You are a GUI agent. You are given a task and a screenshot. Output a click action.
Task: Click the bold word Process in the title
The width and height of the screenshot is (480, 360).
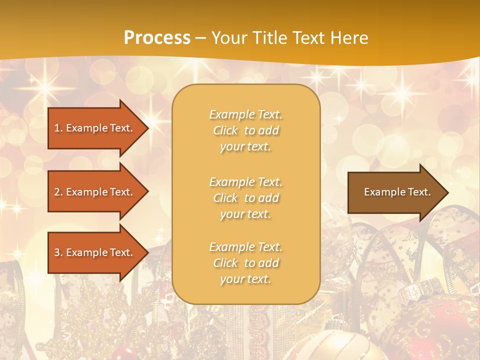(x=157, y=38)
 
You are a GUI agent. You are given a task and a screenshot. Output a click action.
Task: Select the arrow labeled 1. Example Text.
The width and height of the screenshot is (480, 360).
(x=95, y=128)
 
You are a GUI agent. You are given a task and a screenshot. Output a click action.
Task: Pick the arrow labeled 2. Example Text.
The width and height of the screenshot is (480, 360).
(x=95, y=192)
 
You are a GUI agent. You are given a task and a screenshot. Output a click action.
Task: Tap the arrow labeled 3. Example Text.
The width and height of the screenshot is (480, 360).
(x=95, y=252)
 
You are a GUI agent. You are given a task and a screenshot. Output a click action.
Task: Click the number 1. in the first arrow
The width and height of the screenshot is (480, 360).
(x=58, y=128)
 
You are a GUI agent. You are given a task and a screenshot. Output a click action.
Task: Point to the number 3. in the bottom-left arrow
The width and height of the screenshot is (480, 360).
(x=58, y=252)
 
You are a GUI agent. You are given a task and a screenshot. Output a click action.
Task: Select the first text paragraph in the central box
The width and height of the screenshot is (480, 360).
(x=245, y=130)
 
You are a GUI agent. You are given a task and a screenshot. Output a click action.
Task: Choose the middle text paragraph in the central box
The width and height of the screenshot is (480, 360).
(x=245, y=198)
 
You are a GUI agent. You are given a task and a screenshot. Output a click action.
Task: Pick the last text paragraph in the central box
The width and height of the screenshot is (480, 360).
(x=245, y=263)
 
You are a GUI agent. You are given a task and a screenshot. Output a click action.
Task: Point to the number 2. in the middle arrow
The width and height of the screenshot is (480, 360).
(x=58, y=192)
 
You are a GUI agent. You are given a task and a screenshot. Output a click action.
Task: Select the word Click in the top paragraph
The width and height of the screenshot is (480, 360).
(x=225, y=130)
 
